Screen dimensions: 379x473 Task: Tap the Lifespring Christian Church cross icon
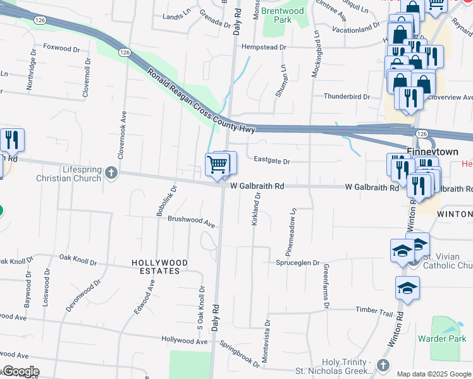click(111, 172)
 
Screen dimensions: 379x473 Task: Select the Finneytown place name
click(433, 152)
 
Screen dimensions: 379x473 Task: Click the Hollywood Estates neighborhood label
click(160, 267)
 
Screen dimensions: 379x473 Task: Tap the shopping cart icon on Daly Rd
click(217, 165)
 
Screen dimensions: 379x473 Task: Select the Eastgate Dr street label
click(271, 162)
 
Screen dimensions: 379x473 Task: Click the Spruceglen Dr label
click(298, 263)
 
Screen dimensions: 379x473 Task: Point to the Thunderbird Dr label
click(347, 97)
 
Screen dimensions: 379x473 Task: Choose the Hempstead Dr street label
click(264, 47)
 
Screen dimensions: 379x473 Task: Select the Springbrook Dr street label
click(240, 354)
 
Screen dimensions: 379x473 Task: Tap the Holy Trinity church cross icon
click(382, 366)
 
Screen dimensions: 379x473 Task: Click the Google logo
click(20, 371)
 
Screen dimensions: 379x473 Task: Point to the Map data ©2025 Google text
click(434, 374)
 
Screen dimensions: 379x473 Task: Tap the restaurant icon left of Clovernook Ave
click(11, 139)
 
